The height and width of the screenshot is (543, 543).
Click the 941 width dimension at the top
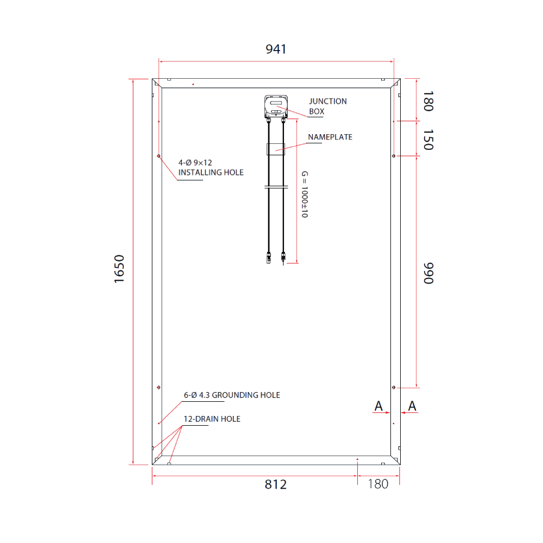[x=276, y=49]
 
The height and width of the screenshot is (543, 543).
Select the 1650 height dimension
[x=119, y=269]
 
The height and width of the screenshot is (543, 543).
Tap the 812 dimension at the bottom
[x=276, y=484]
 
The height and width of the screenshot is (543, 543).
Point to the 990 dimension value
[x=428, y=273]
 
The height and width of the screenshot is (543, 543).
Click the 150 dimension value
[x=428, y=140]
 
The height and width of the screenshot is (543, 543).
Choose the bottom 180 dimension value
[x=378, y=484]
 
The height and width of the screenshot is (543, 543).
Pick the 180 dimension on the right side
[x=428, y=101]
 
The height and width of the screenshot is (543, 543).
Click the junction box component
[x=276, y=106]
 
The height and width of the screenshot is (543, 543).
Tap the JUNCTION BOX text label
[x=327, y=106]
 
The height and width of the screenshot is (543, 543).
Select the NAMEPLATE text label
[x=330, y=137]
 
